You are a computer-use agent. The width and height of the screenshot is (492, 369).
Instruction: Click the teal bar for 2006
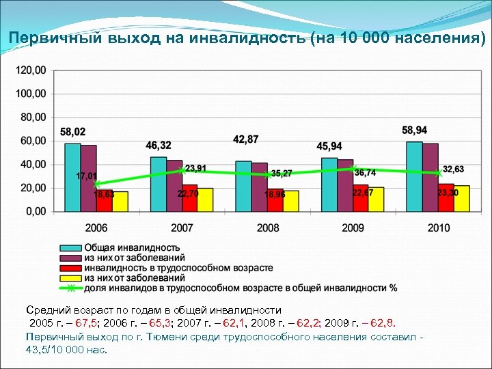(x=72, y=177)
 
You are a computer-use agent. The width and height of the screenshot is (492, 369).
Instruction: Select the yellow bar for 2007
(x=206, y=200)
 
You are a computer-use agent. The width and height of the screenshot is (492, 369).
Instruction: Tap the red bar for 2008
(x=275, y=200)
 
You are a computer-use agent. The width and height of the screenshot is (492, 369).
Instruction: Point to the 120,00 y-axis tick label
(x=31, y=70)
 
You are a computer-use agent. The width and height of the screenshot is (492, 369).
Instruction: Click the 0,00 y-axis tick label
(x=36, y=211)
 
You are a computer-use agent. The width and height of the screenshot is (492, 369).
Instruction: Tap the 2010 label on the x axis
(x=438, y=228)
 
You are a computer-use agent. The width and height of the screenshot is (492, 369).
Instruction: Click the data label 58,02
(x=73, y=132)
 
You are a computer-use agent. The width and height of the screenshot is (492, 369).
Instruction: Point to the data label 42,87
(x=245, y=139)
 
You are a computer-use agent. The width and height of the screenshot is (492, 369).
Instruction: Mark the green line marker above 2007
(x=182, y=170)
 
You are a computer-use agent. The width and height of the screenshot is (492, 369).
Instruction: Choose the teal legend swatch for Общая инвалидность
(x=70, y=247)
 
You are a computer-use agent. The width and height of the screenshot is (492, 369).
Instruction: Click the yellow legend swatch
(x=70, y=278)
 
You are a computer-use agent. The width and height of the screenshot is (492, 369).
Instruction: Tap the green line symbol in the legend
(x=70, y=288)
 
